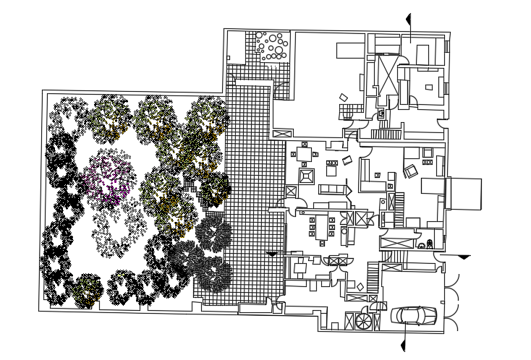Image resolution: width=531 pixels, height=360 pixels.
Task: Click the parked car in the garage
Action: (414, 315)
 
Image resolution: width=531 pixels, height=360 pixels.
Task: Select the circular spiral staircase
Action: (363, 320)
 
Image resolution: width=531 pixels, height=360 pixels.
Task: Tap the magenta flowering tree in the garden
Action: (109, 178)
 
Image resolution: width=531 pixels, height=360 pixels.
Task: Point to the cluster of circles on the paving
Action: (274, 46)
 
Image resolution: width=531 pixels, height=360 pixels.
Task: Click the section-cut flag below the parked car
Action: (404, 339)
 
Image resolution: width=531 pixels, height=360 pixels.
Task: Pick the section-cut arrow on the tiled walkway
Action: (272, 253)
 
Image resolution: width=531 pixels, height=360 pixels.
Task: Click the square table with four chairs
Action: (305, 154)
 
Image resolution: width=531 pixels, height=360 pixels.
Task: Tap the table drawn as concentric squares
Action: (306, 176)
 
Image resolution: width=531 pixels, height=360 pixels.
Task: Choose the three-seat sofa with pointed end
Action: (334, 189)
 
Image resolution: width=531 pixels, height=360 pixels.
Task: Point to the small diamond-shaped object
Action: (360, 287)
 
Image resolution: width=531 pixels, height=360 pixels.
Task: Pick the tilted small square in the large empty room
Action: (344, 98)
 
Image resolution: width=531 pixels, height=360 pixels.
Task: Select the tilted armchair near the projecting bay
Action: (410, 171)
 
